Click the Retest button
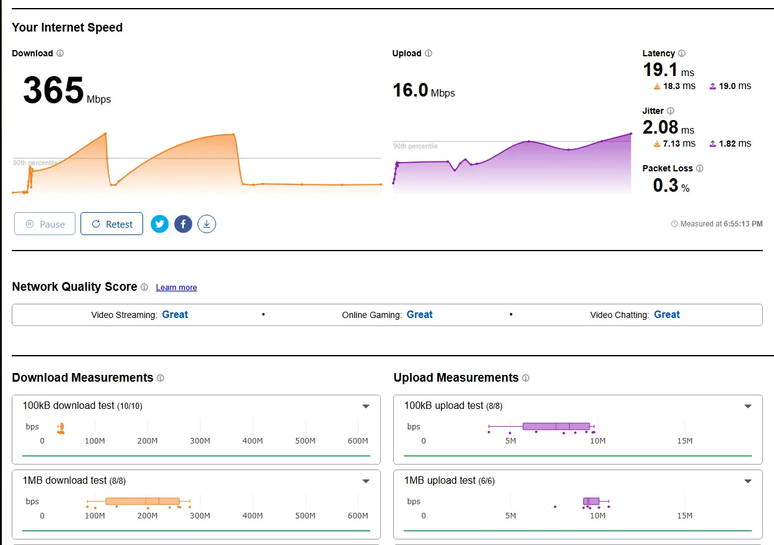(x=111, y=224)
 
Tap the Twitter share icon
(x=160, y=224)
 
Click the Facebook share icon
(x=183, y=224)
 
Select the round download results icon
(x=207, y=224)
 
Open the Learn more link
(x=176, y=287)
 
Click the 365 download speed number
(x=53, y=90)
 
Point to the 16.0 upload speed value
(x=410, y=90)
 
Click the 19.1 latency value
(x=660, y=70)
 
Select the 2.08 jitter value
(x=660, y=127)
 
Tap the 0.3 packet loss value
(x=666, y=186)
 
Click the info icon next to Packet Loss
(x=700, y=168)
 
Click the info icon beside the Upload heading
(x=428, y=53)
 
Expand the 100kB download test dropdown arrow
(x=366, y=406)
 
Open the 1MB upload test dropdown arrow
(x=748, y=481)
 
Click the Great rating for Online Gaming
(x=419, y=314)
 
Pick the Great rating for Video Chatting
(x=667, y=314)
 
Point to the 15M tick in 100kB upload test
(x=685, y=440)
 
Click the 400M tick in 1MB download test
(x=253, y=516)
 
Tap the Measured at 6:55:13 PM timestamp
(x=717, y=224)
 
